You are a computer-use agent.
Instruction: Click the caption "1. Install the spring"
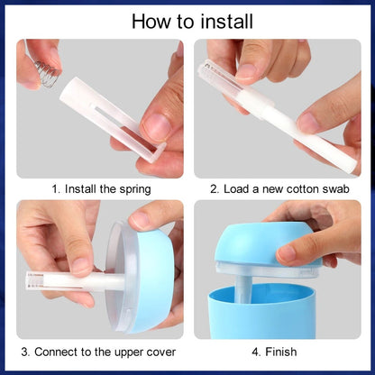101,189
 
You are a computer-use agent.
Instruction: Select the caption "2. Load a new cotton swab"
279,189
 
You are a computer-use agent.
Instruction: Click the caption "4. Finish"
275,351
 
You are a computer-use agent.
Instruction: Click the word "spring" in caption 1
133,190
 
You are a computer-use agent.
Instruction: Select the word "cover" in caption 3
159,351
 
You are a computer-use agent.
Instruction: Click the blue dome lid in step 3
149,270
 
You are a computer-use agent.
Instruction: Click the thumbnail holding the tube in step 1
159,128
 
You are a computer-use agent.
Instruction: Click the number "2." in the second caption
215,189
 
